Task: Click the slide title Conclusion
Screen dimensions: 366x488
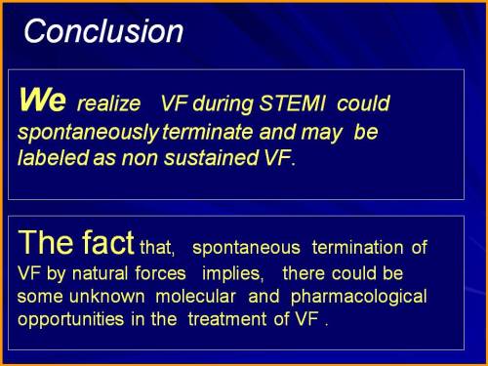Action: (103, 31)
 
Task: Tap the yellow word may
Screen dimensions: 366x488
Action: (323, 131)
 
